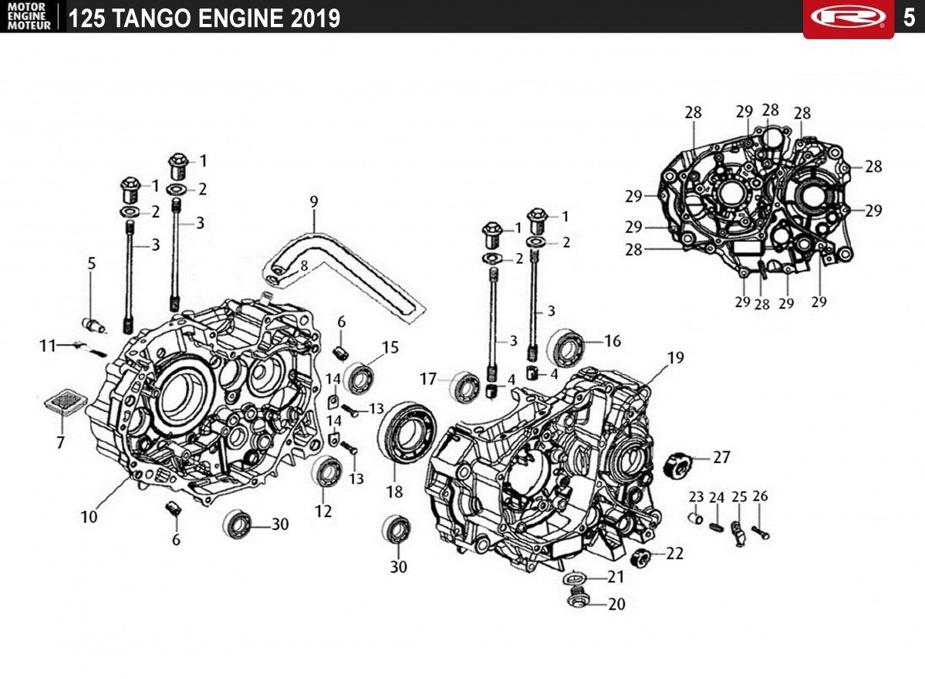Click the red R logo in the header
point(849,17)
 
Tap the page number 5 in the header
point(909,17)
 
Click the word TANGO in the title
point(152,19)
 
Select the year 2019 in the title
point(316,19)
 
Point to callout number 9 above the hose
point(314,201)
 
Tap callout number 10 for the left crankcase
point(89,517)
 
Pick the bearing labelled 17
point(465,387)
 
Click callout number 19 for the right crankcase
point(676,357)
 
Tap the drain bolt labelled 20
point(578,600)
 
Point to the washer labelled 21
point(573,577)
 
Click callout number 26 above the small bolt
point(761,496)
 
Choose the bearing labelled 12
point(327,471)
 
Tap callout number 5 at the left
point(92,263)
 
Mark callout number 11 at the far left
point(48,345)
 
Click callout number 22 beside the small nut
point(675,553)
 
